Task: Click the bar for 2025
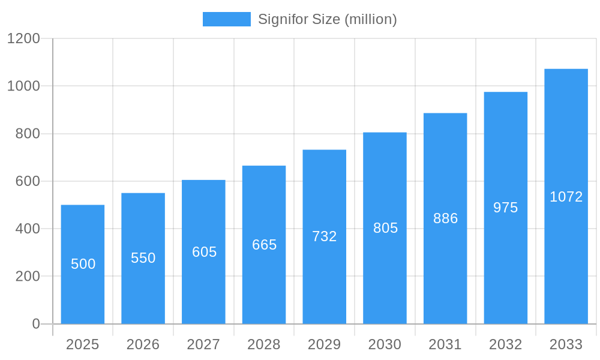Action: click(x=83, y=264)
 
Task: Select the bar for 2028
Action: click(x=264, y=245)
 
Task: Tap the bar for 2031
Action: click(x=445, y=218)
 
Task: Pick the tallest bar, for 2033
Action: click(x=566, y=196)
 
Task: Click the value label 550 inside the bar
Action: click(x=143, y=258)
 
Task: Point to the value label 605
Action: click(x=204, y=252)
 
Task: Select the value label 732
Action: click(x=325, y=236)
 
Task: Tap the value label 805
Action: click(x=385, y=228)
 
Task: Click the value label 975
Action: click(x=506, y=208)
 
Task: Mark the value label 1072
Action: click(x=566, y=197)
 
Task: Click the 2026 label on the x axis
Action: click(x=143, y=344)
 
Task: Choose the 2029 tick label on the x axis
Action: click(x=325, y=344)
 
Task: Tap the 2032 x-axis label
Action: click(x=506, y=344)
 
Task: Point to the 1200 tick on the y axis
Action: click(x=23, y=38)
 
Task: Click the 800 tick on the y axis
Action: click(x=28, y=134)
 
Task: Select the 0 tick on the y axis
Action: click(x=36, y=324)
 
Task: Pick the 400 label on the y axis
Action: click(x=28, y=229)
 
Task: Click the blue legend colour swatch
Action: click(x=226, y=19)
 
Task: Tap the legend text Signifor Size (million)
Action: click(x=328, y=19)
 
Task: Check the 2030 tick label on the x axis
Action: click(x=385, y=344)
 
